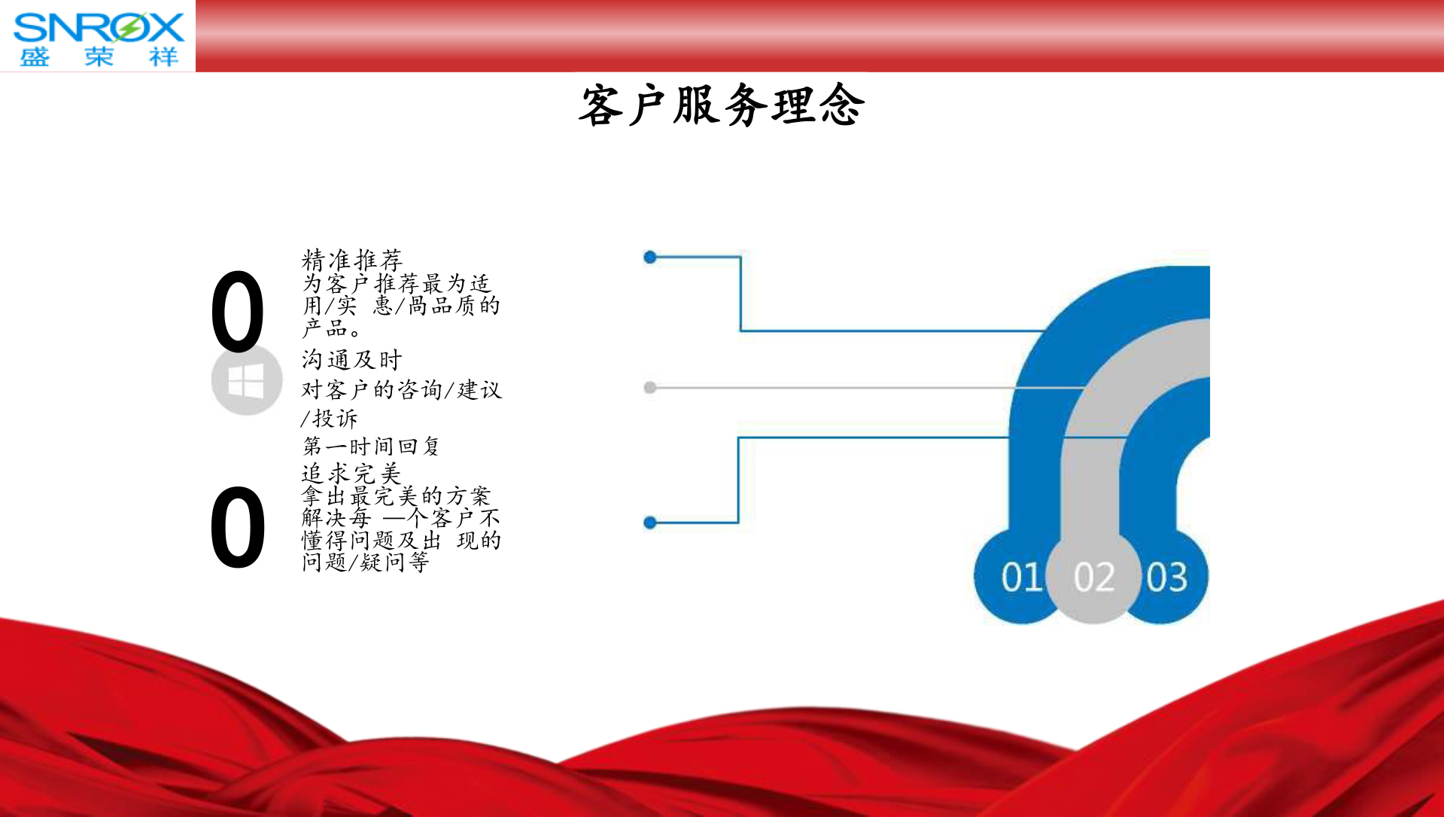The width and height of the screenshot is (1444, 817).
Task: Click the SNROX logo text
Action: click(99, 27)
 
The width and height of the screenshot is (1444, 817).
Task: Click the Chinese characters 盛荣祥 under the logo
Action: click(99, 56)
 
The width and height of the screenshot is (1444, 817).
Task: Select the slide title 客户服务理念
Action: click(722, 105)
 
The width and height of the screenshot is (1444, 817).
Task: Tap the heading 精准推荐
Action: click(352, 260)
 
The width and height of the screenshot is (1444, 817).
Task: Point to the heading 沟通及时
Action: click(352, 360)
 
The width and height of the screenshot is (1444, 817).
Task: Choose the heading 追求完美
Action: click(352, 473)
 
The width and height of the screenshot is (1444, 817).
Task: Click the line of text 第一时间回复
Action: click(371, 447)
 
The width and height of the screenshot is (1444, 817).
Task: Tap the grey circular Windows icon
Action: click(247, 380)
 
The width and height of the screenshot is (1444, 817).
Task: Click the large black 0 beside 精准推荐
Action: click(238, 312)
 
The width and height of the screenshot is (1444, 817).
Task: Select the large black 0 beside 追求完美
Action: click(238, 527)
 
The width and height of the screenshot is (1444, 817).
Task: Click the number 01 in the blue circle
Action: click(1021, 578)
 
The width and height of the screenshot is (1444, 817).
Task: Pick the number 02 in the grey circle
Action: click(1094, 578)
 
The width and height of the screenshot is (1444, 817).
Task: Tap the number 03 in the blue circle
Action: click(1167, 578)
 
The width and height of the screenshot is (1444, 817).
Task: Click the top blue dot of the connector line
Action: click(650, 258)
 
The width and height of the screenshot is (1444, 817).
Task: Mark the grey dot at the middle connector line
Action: click(650, 388)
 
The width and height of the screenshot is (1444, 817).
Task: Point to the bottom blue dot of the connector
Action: click(650, 523)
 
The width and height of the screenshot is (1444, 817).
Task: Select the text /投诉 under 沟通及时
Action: click(330, 419)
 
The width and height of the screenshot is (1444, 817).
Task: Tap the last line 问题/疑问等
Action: click(366, 562)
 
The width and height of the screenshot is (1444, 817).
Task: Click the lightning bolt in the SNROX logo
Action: click(130, 28)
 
